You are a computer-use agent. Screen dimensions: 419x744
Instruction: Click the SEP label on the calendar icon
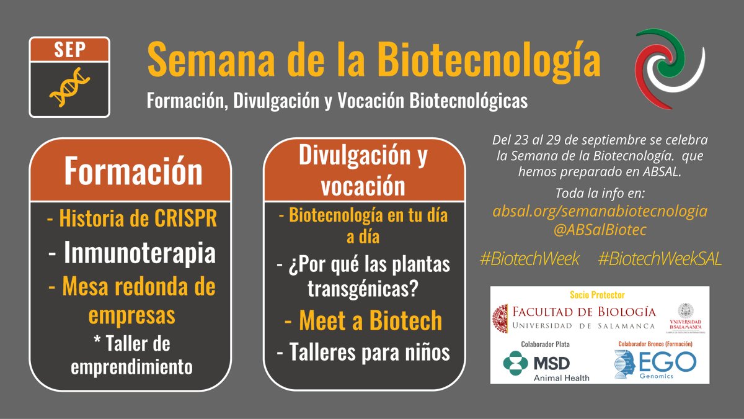click(69, 50)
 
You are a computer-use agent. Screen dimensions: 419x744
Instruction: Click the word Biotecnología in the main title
click(490, 60)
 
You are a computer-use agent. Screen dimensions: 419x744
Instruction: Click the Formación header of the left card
click(133, 170)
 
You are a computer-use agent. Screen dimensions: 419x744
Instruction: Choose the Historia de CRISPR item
click(131, 219)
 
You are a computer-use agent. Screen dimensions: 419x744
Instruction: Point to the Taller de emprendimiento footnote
click(131, 354)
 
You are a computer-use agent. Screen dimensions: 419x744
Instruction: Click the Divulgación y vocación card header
click(363, 169)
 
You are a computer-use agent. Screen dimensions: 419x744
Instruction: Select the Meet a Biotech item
click(363, 320)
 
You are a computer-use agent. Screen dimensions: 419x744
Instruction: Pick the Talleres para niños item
click(363, 352)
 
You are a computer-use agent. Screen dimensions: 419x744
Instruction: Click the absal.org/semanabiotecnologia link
click(600, 211)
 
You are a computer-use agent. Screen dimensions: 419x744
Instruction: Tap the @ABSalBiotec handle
click(600, 230)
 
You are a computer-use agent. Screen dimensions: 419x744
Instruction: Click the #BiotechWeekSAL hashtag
click(660, 259)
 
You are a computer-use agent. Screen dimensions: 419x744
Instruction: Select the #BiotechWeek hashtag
click(529, 259)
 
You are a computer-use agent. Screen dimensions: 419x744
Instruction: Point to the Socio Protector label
click(597, 295)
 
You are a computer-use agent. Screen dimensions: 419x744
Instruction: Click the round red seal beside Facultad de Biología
click(502, 317)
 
